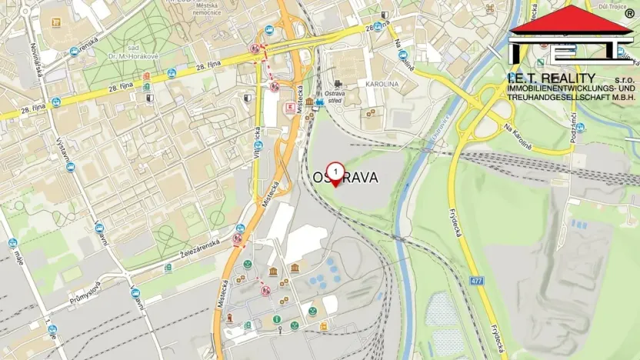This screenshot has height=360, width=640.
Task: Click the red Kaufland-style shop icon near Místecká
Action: pyautogui.click(x=289, y=108)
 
